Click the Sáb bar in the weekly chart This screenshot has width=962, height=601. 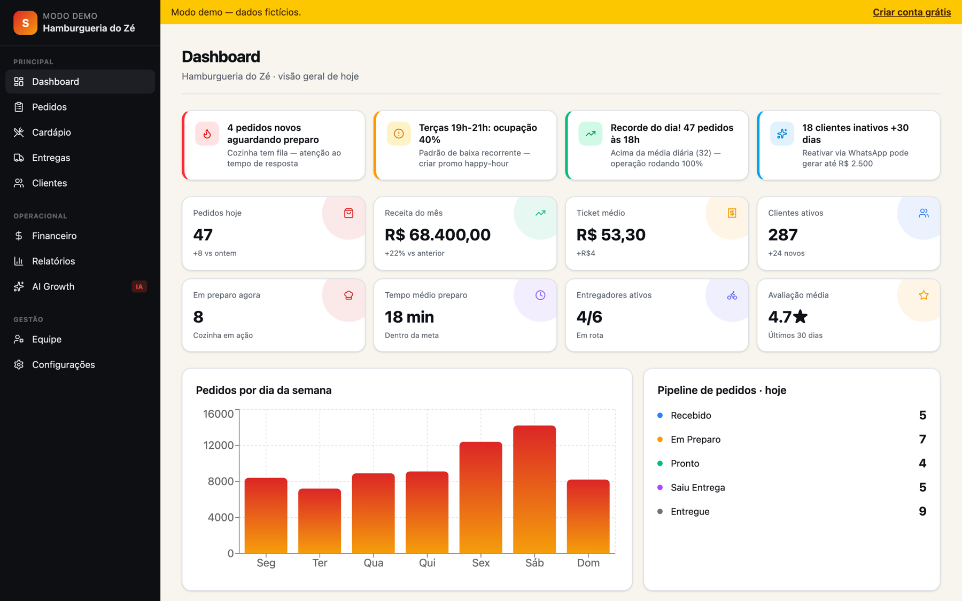(x=534, y=489)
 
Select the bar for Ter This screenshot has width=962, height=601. (x=320, y=521)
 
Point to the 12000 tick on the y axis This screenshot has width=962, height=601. (x=219, y=445)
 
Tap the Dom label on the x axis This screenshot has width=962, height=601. (x=588, y=563)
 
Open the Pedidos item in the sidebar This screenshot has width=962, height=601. (x=49, y=107)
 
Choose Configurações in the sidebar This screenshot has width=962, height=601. (x=64, y=364)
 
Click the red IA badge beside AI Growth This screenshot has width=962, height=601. (x=139, y=287)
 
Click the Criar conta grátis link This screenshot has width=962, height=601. (x=912, y=12)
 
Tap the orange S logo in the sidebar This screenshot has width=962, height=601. (x=25, y=22)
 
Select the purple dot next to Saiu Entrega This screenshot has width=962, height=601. (x=660, y=487)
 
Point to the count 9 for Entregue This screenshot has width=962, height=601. (x=922, y=511)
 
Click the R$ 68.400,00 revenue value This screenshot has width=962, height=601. (x=438, y=235)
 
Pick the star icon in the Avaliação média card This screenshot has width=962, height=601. (x=924, y=295)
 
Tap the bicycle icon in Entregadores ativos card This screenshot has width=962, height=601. (x=732, y=295)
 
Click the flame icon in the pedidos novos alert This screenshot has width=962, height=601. (x=207, y=134)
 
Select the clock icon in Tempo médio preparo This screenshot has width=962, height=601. (x=540, y=295)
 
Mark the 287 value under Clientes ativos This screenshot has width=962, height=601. (x=783, y=235)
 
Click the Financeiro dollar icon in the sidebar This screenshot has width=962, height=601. (x=19, y=236)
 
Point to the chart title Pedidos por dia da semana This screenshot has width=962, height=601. (x=263, y=390)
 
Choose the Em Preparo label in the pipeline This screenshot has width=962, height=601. (x=695, y=439)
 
